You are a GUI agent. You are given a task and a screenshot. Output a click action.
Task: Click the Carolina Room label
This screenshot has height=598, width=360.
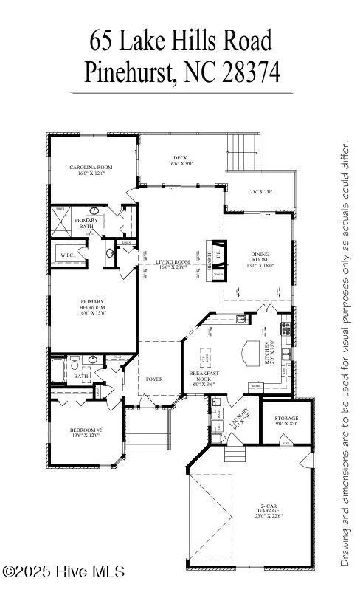click(90, 170)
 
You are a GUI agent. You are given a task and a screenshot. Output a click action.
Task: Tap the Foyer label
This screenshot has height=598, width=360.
click(153, 379)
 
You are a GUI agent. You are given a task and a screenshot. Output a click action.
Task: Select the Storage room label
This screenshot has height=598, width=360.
click(286, 421)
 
